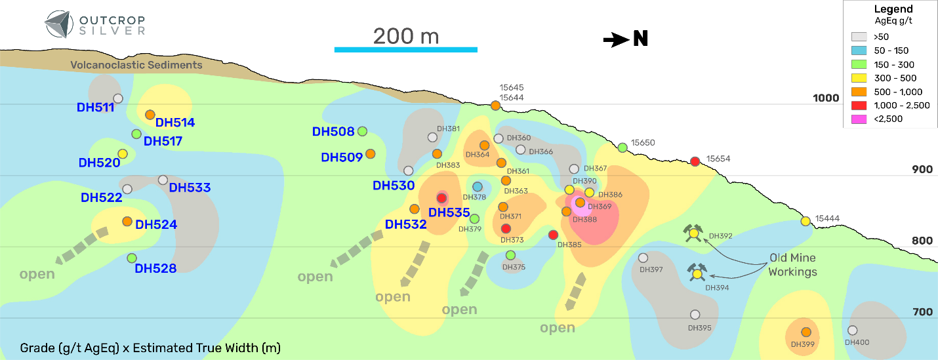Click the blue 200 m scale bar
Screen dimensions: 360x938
pos(405,49)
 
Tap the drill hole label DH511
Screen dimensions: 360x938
pos(95,108)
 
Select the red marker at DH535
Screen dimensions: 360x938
pos(441,198)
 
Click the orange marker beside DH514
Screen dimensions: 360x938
pos(150,115)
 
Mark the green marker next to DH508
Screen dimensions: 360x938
pos(362,131)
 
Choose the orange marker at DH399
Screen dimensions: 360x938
pos(806,332)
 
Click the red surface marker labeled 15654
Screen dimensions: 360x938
pos(696,161)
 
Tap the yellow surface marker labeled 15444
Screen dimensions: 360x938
pos(805,221)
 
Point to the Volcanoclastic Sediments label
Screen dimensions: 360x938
pos(137,65)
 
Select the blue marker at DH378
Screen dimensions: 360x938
pos(478,187)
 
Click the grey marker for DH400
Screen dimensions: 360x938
pos(852,330)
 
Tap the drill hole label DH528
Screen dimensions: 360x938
pos(155,268)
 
